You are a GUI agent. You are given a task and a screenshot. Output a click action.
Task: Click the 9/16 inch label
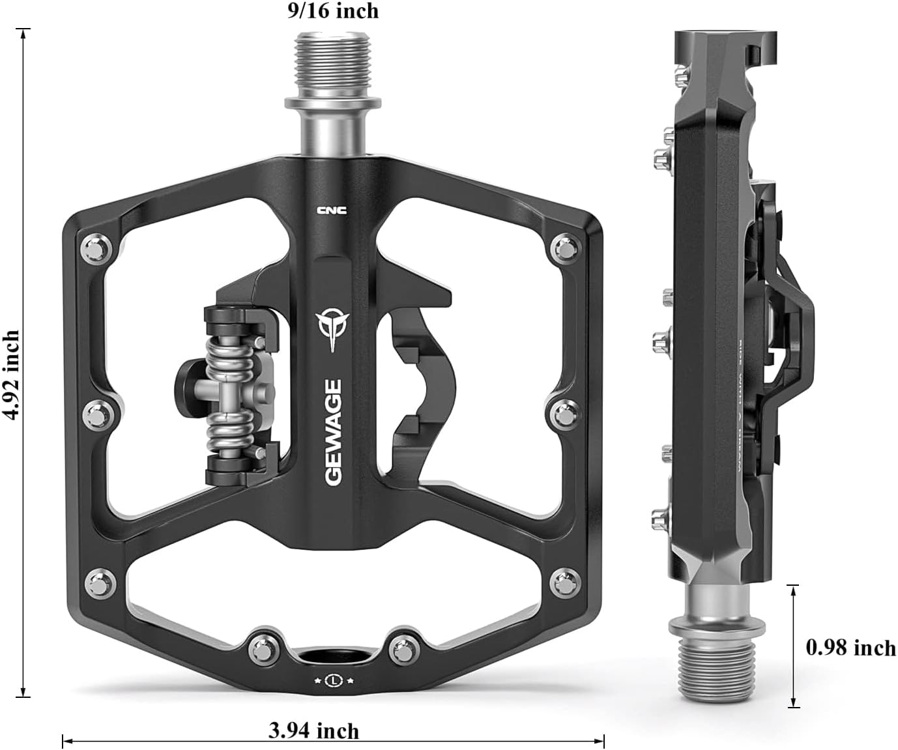[x=333, y=10]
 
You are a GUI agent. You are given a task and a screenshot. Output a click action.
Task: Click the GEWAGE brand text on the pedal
[x=334, y=432]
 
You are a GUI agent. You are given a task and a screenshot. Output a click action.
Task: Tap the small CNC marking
[x=332, y=210]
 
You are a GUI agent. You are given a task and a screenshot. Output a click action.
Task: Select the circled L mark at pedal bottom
[x=334, y=680]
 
